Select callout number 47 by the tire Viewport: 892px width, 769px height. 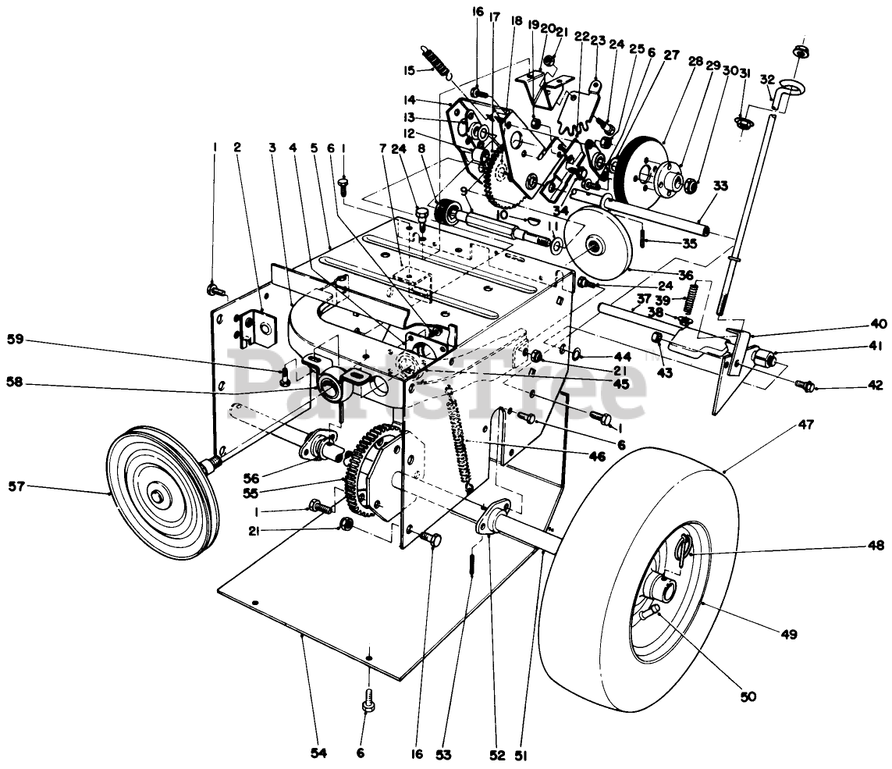tap(805, 425)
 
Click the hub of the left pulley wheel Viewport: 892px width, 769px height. tap(157, 497)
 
